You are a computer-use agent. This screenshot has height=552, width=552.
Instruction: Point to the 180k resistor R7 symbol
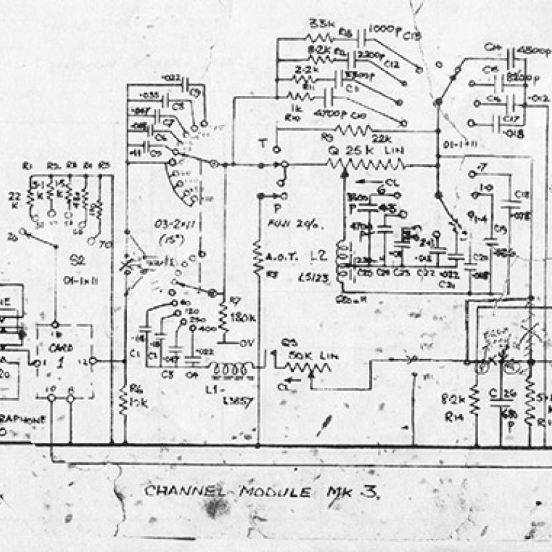(x=223, y=317)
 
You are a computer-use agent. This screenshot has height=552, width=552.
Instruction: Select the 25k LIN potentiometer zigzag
(x=366, y=164)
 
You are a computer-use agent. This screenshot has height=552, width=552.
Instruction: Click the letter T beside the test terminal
(x=262, y=143)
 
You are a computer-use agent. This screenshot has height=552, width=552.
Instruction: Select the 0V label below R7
(x=241, y=342)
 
